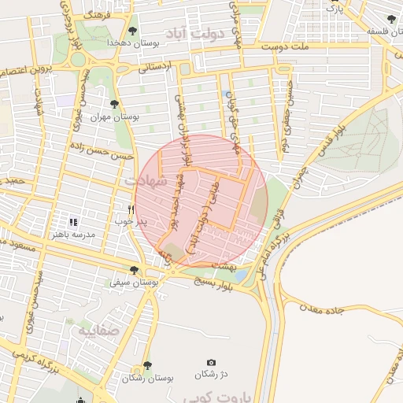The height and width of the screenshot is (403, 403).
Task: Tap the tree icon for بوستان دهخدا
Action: [131, 30]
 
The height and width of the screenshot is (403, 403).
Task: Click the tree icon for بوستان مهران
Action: [115, 104]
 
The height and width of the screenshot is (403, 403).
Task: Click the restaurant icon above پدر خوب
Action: [131, 209]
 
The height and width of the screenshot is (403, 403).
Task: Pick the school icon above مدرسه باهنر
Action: [73, 223]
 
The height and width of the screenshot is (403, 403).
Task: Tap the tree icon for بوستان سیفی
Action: [135, 270]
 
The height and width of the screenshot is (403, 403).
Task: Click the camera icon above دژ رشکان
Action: [210, 361]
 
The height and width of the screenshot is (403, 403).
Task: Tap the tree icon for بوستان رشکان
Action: [147, 366]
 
